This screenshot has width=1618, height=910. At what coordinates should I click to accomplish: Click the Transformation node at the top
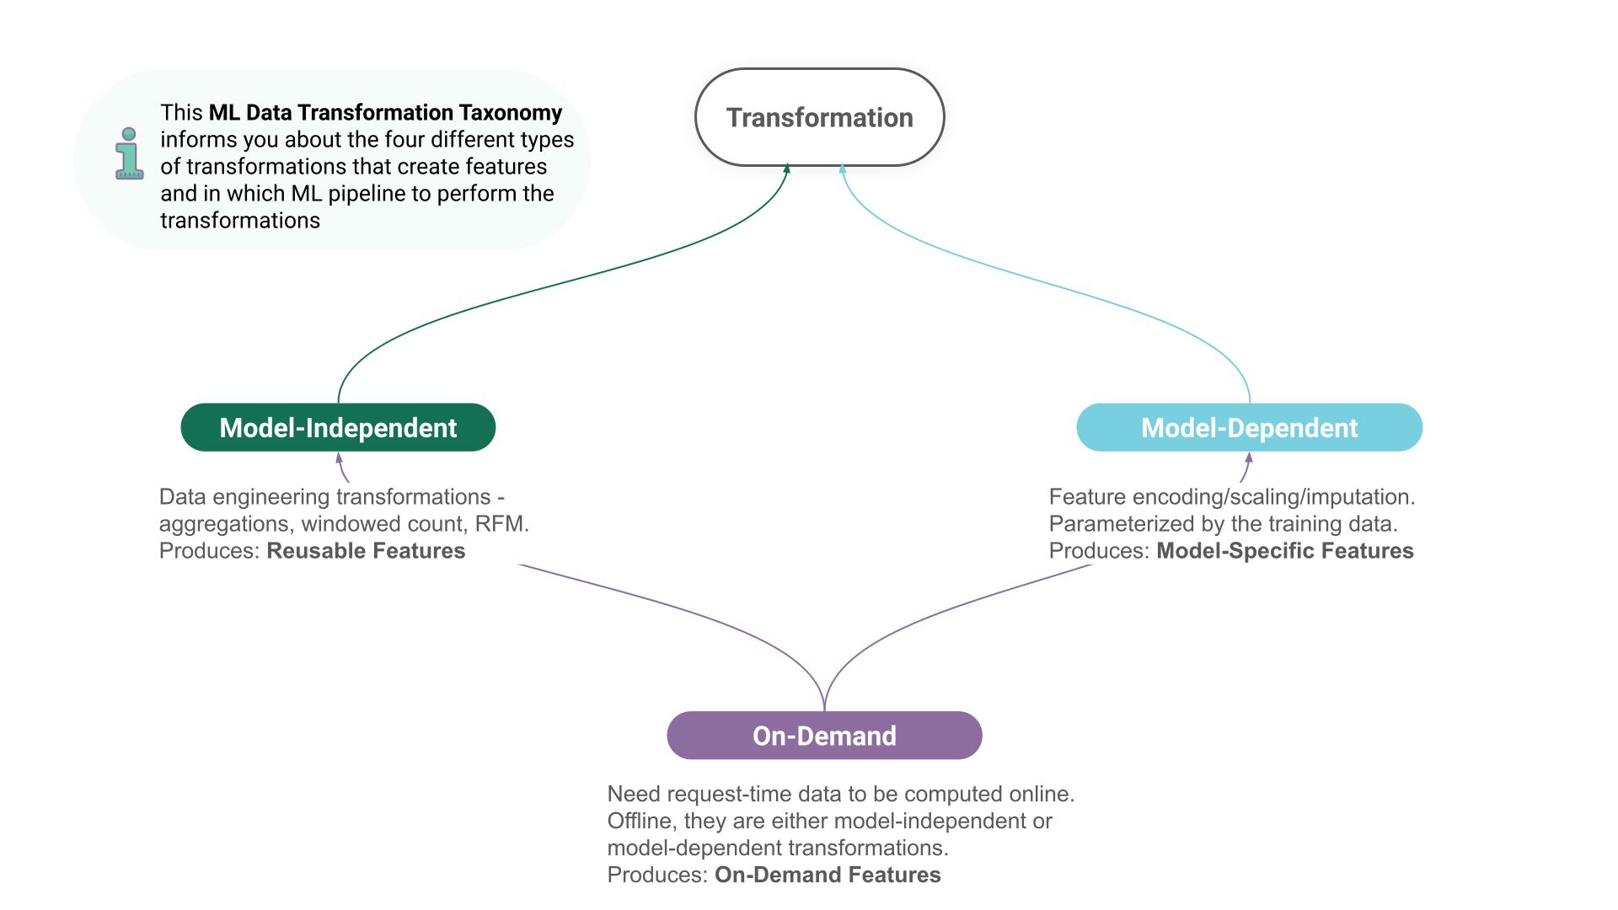[819, 117]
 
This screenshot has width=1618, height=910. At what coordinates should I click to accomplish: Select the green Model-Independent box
[338, 427]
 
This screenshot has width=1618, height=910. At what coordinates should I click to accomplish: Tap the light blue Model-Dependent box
[1249, 427]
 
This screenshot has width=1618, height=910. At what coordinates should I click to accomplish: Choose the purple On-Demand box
[824, 736]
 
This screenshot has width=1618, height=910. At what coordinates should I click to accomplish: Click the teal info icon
[129, 153]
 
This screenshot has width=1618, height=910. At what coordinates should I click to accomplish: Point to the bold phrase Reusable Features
[366, 551]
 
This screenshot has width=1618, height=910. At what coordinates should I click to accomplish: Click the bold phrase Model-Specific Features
[1284, 551]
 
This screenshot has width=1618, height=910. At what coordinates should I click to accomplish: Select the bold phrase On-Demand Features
[828, 875]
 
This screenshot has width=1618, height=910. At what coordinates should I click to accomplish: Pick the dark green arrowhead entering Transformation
[787, 169]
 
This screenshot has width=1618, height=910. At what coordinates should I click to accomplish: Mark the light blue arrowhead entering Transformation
[842, 169]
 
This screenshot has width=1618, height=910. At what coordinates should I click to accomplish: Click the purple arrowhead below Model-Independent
[340, 458]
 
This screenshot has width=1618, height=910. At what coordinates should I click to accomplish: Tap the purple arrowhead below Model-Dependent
[1249, 458]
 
